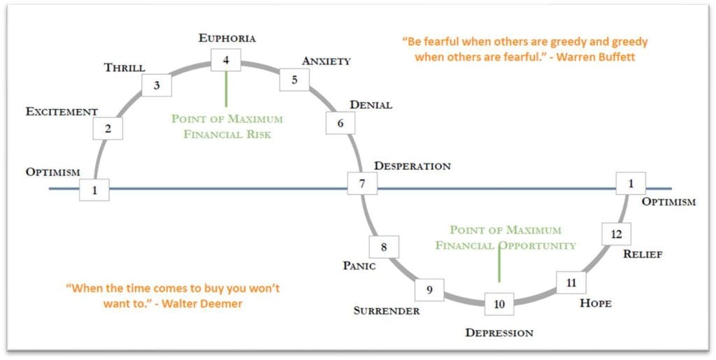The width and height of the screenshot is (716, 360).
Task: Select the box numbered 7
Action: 362,184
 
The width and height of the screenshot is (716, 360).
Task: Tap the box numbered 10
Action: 499,303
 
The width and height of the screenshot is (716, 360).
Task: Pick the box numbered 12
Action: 616,234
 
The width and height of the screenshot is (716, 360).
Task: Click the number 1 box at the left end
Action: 94,189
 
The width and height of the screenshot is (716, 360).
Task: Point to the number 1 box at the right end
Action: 631,184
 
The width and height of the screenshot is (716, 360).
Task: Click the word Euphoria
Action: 227,38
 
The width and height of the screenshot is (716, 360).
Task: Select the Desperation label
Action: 412,166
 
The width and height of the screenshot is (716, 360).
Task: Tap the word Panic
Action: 359,266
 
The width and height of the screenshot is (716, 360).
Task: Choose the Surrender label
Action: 386,310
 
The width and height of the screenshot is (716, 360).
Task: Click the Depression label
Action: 499,333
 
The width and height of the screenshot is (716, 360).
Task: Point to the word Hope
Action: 596,303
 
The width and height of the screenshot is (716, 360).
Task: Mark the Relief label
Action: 643,254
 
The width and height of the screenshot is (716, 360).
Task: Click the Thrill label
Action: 124,68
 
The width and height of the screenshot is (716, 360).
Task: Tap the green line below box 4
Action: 226,89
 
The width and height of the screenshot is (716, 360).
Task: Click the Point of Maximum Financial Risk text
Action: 227,126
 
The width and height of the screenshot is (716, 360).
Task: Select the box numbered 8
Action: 383,246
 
